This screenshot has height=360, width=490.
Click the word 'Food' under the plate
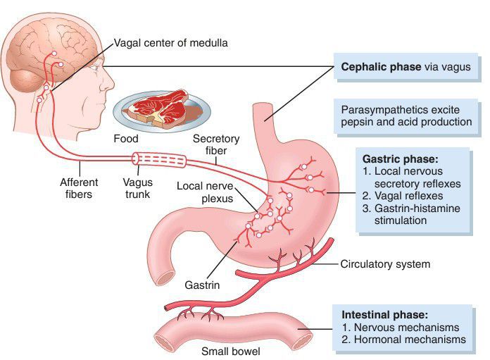click(126, 139)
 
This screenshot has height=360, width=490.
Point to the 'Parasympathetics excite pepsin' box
click(406, 116)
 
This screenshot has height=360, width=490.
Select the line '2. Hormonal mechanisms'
click(403, 340)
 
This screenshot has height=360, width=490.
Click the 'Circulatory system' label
click(385, 264)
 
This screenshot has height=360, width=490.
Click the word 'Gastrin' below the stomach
click(202, 285)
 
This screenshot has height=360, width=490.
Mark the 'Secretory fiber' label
click(216, 146)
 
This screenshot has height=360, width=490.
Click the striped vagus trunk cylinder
click(163, 161)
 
